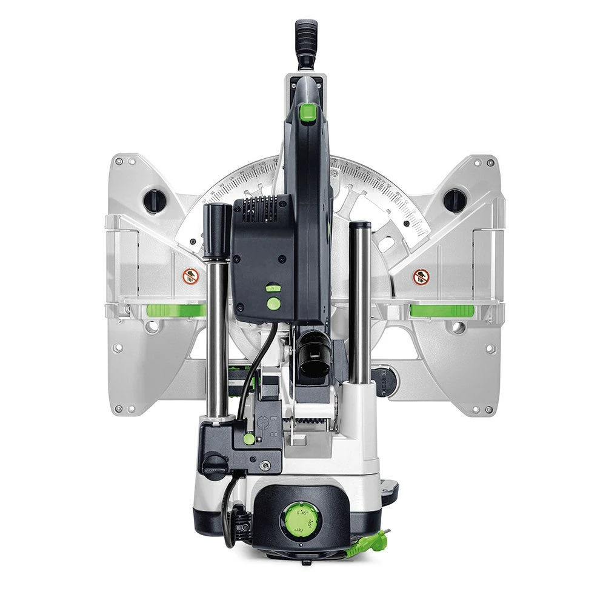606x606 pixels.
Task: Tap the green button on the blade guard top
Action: click(x=308, y=112)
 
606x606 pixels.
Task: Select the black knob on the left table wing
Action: click(x=155, y=201)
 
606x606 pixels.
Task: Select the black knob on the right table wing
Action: click(x=454, y=201)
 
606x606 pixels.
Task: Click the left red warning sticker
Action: click(x=191, y=276)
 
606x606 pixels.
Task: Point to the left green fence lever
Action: click(x=176, y=311)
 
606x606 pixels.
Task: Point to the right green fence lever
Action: click(x=442, y=311)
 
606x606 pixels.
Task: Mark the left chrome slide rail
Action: click(x=216, y=339)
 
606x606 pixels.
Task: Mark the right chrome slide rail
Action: click(x=360, y=309)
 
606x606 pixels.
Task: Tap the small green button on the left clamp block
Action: click(x=248, y=438)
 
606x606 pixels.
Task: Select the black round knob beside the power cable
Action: click(x=215, y=465)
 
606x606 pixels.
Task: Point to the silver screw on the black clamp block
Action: click(x=265, y=465)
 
